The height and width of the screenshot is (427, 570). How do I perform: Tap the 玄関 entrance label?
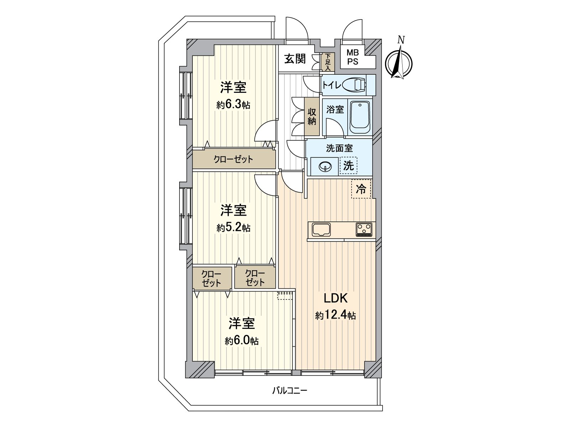click(x=295, y=59)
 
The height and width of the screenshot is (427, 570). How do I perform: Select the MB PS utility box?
click(x=353, y=57)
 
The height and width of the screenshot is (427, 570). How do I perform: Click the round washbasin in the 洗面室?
click(x=325, y=167)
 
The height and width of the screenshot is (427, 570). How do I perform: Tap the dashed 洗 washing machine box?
click(x=348, y=166)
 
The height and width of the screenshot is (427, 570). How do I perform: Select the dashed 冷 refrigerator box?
click(x=361, y=189)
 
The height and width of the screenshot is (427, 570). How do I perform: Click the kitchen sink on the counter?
click(x=321, y=230)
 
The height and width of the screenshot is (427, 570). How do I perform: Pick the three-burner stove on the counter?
click(x=364, y=229)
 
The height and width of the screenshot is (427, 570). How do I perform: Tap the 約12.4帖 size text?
click(x=335, y=315)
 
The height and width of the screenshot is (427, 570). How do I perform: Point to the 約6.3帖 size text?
click(x=233, y=105)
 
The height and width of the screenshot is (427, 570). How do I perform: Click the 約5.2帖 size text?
click(x=233, y=228)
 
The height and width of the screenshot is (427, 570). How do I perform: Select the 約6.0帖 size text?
click(x=242, y=341)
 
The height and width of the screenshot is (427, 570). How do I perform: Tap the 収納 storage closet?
click(x=312, y=116)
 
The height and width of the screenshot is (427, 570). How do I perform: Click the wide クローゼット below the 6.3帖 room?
click(x=233, y=159)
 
